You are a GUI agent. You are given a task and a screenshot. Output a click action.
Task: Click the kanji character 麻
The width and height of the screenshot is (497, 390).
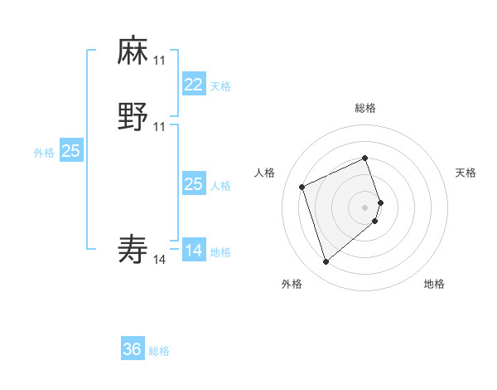(x=133, y=51)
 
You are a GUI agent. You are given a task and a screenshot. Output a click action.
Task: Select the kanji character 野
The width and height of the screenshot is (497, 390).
(x=133, y=117)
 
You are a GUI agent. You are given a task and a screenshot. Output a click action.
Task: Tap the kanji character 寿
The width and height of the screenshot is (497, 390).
(x=133, y=249)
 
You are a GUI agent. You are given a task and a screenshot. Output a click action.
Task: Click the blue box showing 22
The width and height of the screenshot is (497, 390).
(x=194, y=85)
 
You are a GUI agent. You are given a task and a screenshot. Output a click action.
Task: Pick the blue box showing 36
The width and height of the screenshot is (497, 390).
(x=133, y=349)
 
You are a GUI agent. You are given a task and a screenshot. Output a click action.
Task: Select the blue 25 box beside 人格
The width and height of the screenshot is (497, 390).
(x=194, y=184)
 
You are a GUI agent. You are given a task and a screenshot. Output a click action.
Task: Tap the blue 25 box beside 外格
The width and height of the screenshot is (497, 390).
(x=71, y=151)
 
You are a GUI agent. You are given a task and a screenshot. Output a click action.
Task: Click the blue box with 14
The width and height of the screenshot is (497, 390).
(x=194, y=251)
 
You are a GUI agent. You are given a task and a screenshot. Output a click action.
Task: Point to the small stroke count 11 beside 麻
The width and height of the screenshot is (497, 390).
(x=159, y=61)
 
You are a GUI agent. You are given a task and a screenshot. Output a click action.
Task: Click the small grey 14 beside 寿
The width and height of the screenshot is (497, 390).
(x=159, y=260)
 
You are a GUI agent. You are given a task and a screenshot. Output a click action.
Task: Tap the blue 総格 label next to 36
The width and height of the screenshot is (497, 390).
(x=159, y=351)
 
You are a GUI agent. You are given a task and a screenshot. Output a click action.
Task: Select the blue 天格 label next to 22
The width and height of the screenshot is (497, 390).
(x=220, y=86)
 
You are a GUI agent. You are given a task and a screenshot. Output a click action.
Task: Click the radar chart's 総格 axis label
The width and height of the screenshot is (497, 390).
(x=365, y=108)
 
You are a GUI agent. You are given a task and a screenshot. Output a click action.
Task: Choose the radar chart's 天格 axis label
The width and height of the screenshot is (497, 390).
(x=466, y=173)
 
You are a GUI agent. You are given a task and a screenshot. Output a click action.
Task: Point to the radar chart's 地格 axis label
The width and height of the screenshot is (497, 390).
(x=434, y=285)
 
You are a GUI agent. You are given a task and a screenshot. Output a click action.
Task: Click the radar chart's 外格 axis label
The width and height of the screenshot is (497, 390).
(x=292, y=285)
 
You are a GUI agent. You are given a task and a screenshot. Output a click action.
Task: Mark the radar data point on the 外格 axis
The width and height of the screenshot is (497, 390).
(x=326, y=262)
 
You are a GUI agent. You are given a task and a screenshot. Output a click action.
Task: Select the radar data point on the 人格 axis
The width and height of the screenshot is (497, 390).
(x=303, y=186)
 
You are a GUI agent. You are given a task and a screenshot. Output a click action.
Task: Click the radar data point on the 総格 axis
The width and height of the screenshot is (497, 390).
(x=365, y=158)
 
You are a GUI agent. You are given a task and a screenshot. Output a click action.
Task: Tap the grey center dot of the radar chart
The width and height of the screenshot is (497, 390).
(x=365, y=206)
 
